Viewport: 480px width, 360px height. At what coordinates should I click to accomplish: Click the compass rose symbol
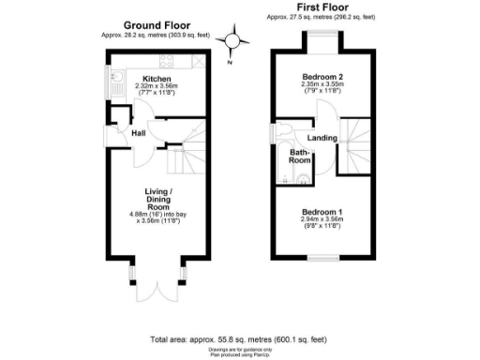234,40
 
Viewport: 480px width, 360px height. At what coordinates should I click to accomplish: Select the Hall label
138,133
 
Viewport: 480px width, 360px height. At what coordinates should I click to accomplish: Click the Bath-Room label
299,155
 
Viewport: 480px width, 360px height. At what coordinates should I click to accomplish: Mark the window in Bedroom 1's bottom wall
324,257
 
